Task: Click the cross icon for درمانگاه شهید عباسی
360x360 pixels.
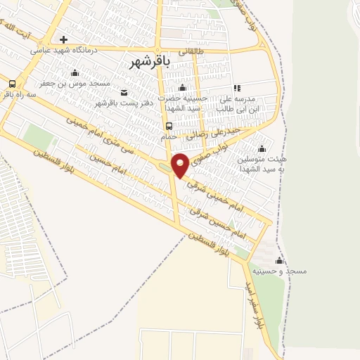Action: pyautogui.click(x=64, y=39)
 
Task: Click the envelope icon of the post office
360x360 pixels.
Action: pyautogui.click(x=124, y=92)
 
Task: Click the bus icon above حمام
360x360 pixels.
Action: pyautogui.click(x=168, y=127)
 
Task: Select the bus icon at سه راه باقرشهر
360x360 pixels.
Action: pyautogui.click(x=11, y=84)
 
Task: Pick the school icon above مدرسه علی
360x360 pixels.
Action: pyautogui.click(x=237, y=88)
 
